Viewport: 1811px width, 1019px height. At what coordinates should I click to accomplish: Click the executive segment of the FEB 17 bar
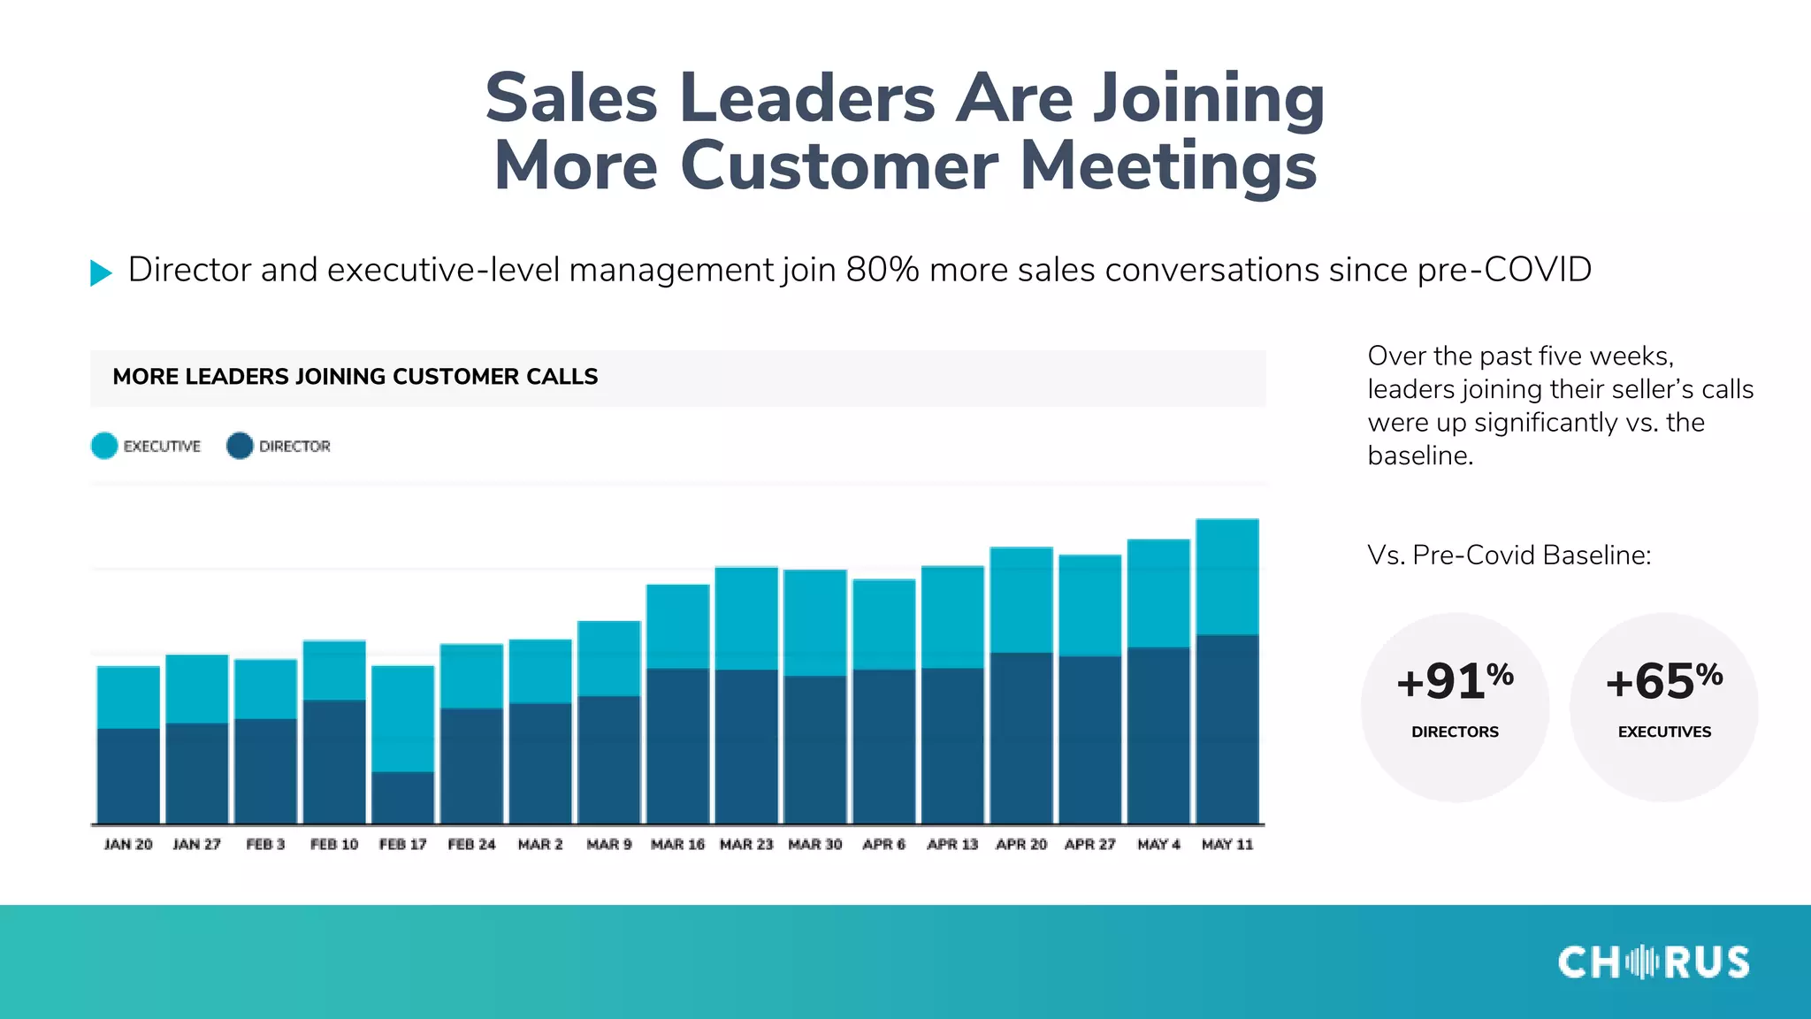tap(402, 718)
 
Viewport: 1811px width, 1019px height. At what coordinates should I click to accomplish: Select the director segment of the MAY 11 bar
tap(1227, 729)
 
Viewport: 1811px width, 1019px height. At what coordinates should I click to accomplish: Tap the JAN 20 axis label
tap(128, 845)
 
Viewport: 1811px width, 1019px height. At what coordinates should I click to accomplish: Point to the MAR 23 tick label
tap(746, 845)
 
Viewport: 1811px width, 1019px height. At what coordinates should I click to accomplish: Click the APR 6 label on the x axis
tap(883, 845)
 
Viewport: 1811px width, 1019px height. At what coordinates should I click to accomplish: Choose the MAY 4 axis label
tap(1158, 845)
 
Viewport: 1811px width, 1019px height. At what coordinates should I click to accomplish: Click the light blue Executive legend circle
tap(104, 446)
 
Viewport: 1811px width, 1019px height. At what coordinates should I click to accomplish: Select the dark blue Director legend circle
tap(240, 446)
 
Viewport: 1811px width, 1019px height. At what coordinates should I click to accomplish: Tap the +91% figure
tap(1455, 682)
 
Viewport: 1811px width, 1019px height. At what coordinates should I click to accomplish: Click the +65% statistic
tap(1663, 682)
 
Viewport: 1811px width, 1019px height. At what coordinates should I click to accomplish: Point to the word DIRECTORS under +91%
tap(1455, 732)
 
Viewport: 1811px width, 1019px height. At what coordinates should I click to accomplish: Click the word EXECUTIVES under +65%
tap(1664, 732)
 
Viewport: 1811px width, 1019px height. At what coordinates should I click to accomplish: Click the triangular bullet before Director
tap(101, 272)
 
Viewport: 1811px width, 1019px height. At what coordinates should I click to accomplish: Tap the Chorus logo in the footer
tap(1653, 962)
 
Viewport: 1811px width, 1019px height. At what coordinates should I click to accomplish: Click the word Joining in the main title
tap(1208, 98)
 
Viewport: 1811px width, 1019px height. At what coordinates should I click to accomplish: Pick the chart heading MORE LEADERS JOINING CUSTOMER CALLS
tap(355, 377)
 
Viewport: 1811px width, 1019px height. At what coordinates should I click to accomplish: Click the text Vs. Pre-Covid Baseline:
tap(1509, 555)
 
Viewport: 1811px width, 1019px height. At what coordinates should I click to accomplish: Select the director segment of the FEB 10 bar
tap(334, 762)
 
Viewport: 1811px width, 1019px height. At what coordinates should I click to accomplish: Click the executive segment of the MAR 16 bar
tap(677, 626)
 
